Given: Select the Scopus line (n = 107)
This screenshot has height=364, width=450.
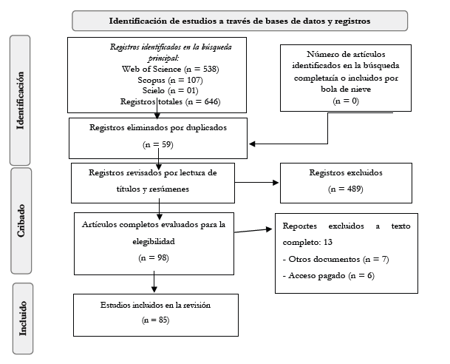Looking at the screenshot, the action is [170, 80].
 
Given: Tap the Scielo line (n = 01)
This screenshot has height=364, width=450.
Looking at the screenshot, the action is [170, 91].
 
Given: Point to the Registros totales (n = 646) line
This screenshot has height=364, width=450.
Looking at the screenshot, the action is [170, 101].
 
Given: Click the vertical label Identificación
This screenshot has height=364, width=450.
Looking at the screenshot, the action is [20, 101].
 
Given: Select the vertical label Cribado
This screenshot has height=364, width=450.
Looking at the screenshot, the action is [21, 220].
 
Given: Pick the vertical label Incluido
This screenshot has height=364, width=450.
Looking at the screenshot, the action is [23, 318].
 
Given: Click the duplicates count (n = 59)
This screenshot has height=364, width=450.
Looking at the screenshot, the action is [158, 144].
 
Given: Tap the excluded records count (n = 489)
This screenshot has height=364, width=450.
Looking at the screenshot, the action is [346, 189].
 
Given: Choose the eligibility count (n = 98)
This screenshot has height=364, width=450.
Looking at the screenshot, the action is [154, 257].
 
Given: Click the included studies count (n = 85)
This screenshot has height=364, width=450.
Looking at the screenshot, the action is [156, 320].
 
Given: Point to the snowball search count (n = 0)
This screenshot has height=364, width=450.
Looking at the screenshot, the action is [346, 101].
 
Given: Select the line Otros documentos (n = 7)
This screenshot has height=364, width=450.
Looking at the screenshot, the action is [335, 259].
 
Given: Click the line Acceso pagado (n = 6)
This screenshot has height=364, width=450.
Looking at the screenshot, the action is [328, 276].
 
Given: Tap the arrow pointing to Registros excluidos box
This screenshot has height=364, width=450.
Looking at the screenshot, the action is [256, 183].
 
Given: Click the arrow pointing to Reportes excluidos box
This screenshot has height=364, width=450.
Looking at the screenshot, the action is [253, 230].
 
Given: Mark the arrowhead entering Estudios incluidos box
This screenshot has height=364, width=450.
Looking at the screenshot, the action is [154, 289].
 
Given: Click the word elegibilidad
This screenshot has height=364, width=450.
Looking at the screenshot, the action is [154, 241].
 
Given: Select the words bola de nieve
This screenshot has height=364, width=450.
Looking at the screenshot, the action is [346, 89].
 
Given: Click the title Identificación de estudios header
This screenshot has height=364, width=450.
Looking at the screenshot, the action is [239, 21].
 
